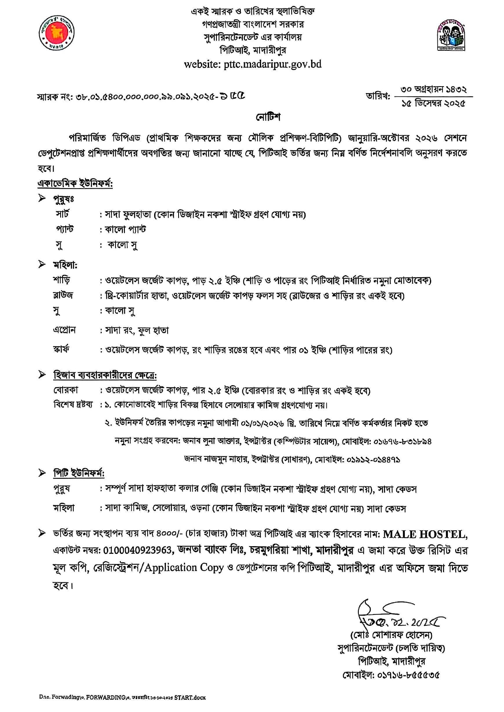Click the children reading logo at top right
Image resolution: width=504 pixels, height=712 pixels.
tap(451, 37)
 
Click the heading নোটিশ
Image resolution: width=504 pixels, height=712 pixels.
tap(268, 117)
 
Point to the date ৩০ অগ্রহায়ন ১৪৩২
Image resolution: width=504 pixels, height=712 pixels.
tap(434, 89)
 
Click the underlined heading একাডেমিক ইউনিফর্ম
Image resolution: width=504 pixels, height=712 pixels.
tap(75, 184)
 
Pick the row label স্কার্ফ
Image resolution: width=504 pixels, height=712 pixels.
tap(61, 349)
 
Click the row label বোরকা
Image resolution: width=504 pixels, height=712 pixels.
tap(65, 390)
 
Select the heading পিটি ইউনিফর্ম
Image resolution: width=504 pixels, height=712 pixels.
tap(79, 474)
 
